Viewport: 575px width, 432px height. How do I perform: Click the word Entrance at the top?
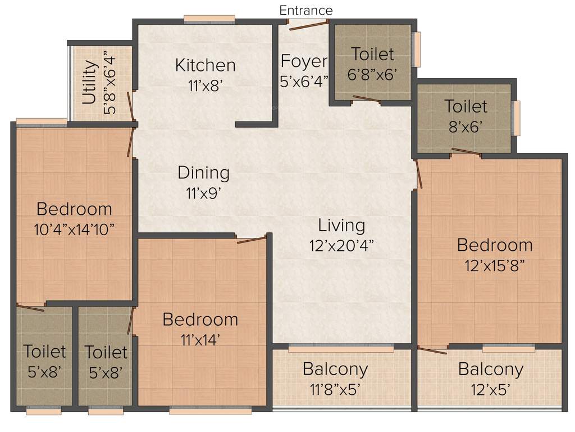[306, 10]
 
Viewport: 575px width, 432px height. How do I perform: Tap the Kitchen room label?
[205, 65]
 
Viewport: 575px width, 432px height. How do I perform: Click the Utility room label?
[90, 83]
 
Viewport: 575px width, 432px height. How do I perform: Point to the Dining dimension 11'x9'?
[203, 193]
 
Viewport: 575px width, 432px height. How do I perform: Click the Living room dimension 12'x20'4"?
[341, 246]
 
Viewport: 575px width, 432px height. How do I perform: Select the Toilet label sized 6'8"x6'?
[373, 54]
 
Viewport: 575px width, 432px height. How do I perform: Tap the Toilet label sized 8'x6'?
[466, 106]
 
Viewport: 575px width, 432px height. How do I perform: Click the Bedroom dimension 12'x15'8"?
[494, 265]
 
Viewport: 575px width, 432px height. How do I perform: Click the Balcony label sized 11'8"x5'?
[335, 370]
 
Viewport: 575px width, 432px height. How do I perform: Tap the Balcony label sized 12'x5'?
[491, 370]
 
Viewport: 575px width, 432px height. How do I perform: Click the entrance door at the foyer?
[308, 22]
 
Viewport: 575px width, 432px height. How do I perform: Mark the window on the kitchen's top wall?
[209, 20]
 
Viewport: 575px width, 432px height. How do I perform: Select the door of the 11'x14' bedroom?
[251, 240]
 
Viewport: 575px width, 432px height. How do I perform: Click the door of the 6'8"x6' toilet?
[366, 100]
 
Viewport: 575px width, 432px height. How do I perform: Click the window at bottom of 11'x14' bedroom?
[210, 411]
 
